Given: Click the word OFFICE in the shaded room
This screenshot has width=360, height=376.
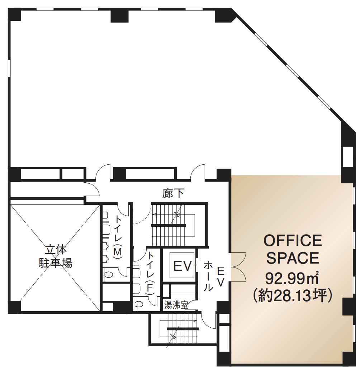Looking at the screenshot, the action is click(293, 240).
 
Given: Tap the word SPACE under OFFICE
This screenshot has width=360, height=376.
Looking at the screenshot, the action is click(293, 258).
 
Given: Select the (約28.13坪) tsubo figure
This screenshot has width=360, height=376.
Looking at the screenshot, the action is click(293, 296).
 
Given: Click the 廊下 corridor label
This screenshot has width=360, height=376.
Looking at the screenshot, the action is click(174, 193).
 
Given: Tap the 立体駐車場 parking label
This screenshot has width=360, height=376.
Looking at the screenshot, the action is click(56, 257).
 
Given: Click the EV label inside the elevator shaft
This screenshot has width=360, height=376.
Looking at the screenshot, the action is click(183, 266).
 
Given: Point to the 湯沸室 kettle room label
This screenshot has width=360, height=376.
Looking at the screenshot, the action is click(176, 306).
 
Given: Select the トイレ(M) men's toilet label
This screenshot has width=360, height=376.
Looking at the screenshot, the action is click(118, 237).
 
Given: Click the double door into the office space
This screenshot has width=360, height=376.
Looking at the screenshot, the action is click(238, 267).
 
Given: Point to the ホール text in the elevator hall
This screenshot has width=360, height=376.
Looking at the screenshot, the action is click(208, 276).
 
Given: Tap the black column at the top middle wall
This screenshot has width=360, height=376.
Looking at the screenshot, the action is click(120, 16).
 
